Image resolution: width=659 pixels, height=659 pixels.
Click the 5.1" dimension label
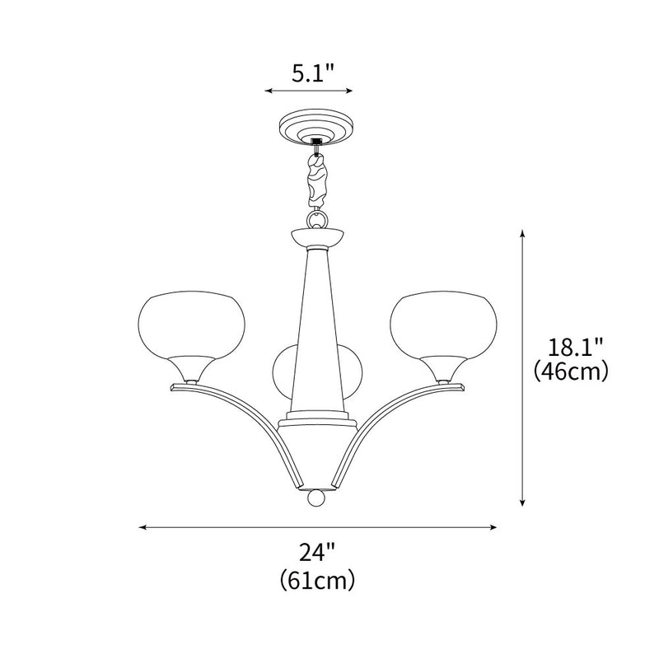[312, 73]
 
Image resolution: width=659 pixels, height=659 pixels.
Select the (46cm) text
[571, 372]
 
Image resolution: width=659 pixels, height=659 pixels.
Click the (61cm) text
[318, 579]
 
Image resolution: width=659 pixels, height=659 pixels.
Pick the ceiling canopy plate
[317, 129]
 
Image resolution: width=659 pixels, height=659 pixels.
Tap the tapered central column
[318, 329]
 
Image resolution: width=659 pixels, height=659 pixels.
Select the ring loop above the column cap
[317, 221]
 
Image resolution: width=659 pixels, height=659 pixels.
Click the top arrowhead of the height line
[522, 235]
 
